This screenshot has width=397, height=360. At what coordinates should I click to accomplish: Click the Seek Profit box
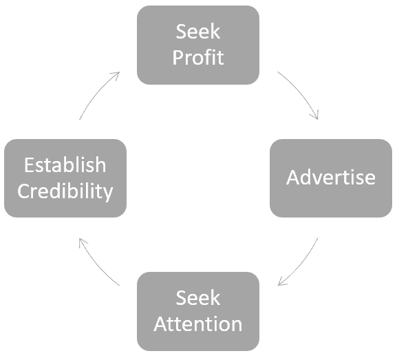point(198,45)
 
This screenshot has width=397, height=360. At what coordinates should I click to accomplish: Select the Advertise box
point(331,178)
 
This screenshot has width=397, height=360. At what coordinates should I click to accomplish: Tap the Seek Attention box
point(198,311)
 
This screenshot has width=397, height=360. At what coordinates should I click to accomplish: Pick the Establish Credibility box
point(65,178)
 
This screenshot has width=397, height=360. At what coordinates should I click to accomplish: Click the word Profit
point(198,58)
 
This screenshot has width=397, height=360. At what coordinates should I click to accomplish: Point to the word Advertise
point(331,178)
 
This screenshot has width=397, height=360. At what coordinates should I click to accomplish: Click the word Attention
point(198,324)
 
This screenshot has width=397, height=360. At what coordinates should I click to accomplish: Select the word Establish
point(65,165)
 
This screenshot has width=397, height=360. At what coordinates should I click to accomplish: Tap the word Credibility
point(65,191)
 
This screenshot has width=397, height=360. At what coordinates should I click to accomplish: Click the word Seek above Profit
point(198,32)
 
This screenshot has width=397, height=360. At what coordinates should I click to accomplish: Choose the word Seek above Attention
point(198,298)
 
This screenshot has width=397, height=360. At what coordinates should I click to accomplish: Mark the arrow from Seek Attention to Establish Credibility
point(96,265)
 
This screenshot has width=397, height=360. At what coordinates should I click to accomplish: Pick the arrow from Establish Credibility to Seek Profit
point(96,93)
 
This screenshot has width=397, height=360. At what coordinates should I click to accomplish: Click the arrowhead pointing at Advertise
point(316,115)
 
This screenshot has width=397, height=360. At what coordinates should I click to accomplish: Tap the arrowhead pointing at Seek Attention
point(281,282)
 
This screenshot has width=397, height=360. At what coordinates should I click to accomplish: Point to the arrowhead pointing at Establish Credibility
point(82,241)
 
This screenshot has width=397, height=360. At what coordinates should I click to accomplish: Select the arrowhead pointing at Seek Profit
point(116,75)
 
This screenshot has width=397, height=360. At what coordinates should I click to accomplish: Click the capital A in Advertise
point(293,178)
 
